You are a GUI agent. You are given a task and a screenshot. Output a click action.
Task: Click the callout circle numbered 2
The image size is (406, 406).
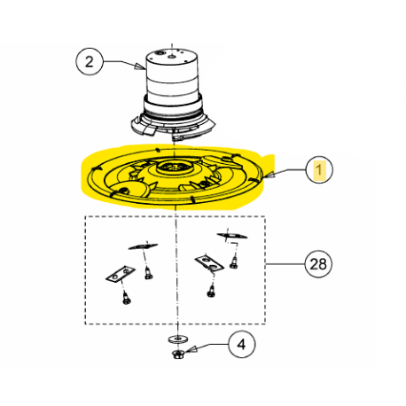[90, 62]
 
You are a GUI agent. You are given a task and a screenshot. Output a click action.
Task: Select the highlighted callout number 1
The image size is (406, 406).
[319, 170]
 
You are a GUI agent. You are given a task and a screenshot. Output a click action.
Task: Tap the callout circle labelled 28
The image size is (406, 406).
[318, 264]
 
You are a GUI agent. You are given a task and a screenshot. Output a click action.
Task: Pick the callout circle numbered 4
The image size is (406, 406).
[242, 344]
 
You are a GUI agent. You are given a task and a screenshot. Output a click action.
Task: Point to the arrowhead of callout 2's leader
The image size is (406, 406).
[140, 66]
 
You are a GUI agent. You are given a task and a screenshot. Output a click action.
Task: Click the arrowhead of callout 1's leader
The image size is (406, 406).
[269, 176]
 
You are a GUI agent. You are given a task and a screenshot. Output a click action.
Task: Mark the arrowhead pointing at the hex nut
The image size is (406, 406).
[191, 349]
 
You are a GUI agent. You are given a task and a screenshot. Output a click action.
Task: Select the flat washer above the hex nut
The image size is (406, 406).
[178, 340]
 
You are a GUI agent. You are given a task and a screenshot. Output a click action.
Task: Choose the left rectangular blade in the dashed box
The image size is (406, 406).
[121, 274]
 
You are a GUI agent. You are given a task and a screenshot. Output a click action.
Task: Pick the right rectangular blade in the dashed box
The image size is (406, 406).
[208, 262]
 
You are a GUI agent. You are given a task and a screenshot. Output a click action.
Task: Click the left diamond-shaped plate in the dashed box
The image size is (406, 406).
[143, 246]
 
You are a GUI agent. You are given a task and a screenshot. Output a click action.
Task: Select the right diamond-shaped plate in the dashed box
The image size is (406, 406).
[232, 236]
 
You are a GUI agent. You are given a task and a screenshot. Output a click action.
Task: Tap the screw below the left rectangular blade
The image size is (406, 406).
[127, 298]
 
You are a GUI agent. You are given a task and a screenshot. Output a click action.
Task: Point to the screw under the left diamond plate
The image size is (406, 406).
[148, 273]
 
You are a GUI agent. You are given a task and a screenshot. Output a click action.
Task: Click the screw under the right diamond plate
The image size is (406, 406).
[234, 262]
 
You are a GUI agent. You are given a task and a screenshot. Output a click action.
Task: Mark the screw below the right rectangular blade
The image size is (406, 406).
[211, 291]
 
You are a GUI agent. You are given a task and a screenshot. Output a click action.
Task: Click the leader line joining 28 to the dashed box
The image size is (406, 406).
[285, 264]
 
